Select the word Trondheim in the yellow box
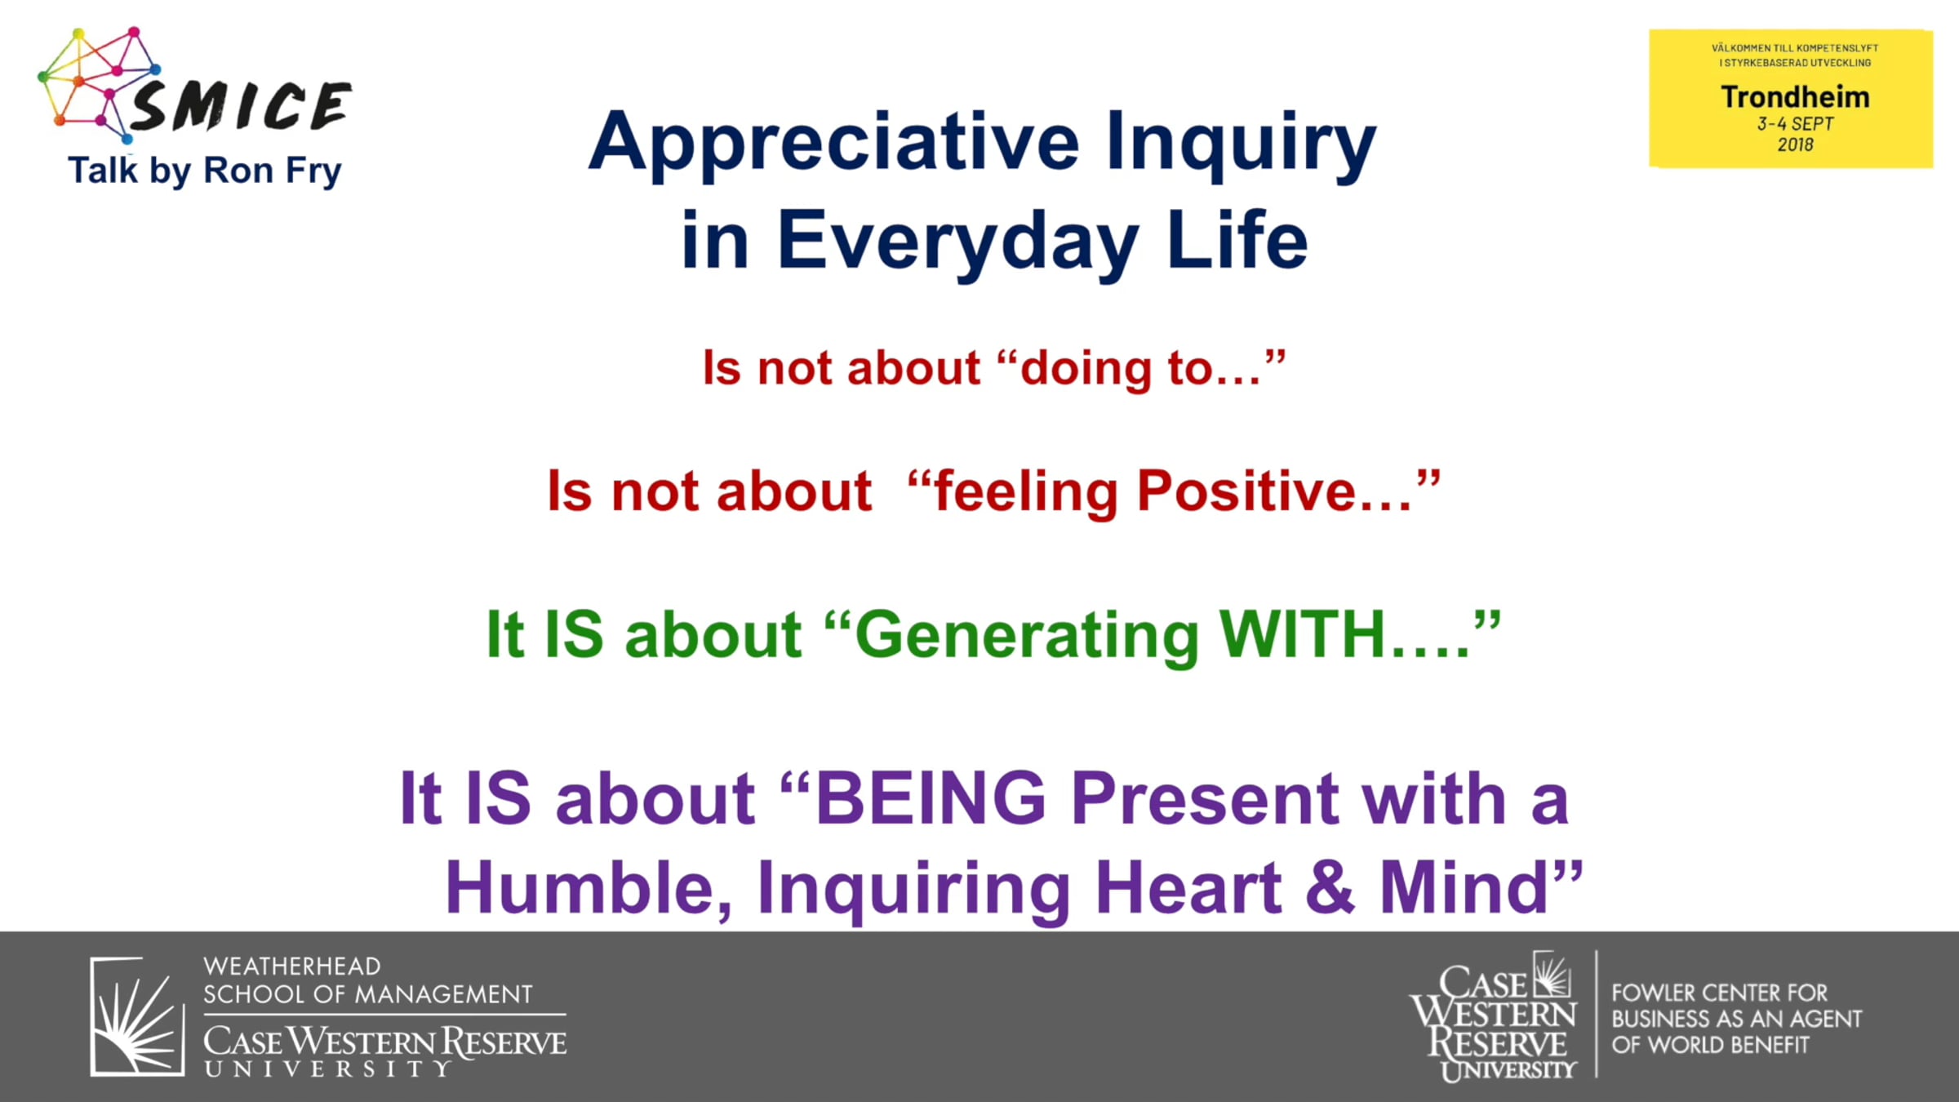coord(1795,97)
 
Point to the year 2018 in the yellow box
coord(1795,144)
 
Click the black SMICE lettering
coord(241,106)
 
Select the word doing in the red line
coord(1088,369)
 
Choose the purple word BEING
coord(931,798)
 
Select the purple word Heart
coord(1188,887)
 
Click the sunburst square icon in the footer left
coord(137,1016)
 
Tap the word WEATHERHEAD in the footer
coord(291,966)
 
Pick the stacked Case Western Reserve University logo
coord(1494,1016)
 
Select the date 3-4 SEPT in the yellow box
coord(1795,124)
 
